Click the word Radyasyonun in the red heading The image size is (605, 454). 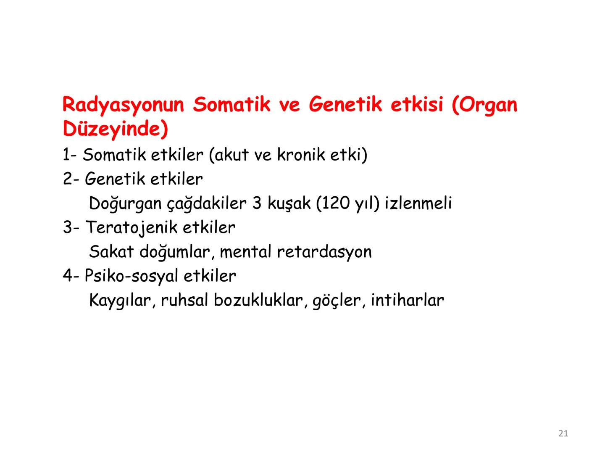pyautogui.click(x=123, y=105)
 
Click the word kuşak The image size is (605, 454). pyautogui.click(x=289, y=203)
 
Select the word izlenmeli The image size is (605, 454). pyautogui.click(x=418, y=203)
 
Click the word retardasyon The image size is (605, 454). pyautogui.click(x=324, y=252)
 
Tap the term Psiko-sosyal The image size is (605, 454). pyautogui.click(x=132, y=276)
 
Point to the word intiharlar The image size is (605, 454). pyautogui.click(x=407, y=300)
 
